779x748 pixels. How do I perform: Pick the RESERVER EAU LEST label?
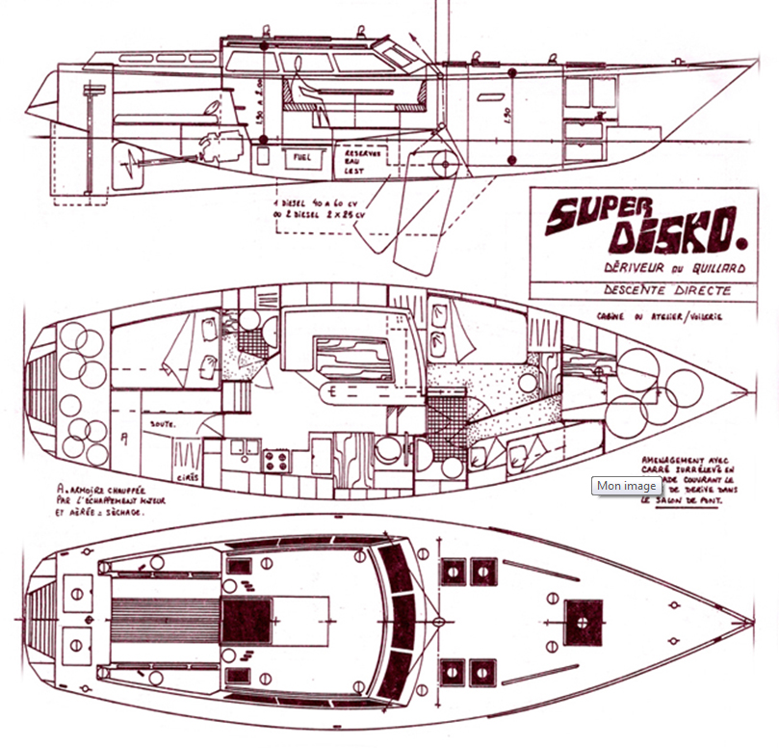pos(364,160)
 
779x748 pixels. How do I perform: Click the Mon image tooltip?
pos(626,486)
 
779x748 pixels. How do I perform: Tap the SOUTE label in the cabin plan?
pos(154,423)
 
